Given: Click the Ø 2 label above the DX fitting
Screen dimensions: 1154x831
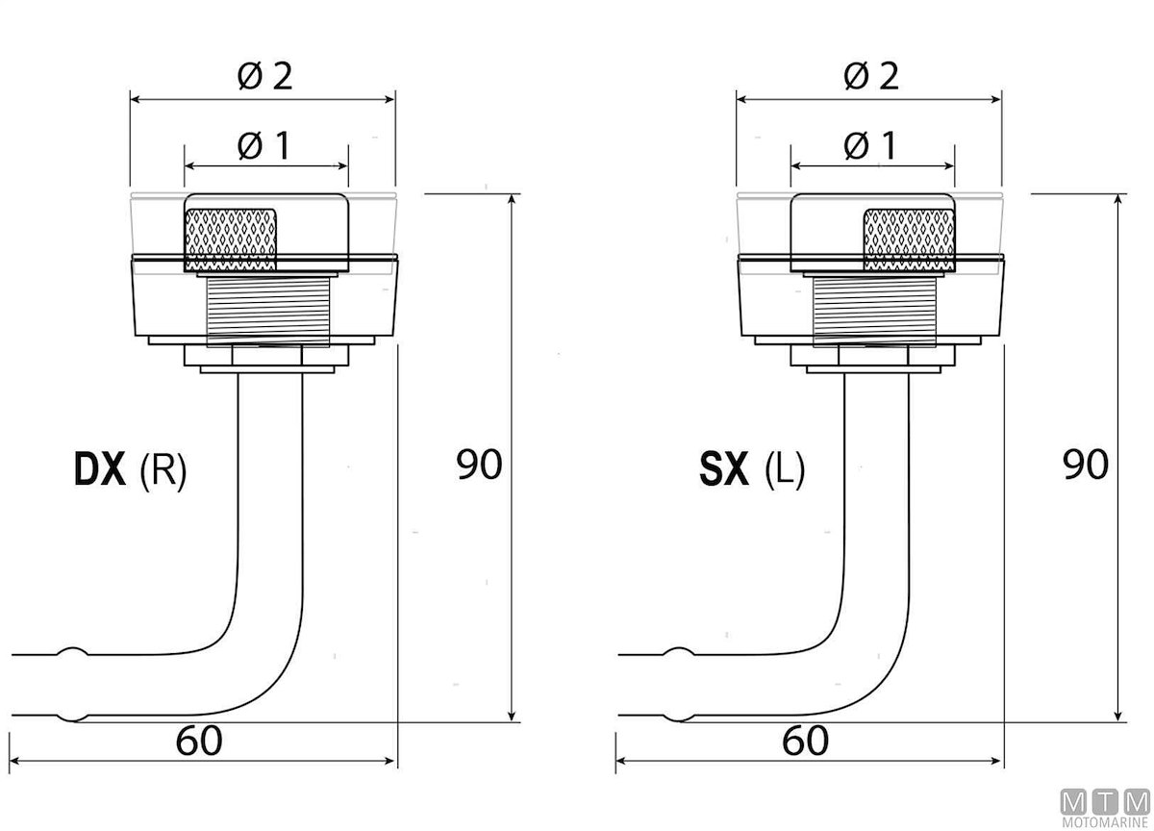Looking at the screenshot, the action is click(x=264, y=76).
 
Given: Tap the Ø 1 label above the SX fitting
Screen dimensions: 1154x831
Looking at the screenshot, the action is click(x=870, y=146).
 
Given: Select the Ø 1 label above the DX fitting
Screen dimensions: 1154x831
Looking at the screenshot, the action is click(x=263, y=146).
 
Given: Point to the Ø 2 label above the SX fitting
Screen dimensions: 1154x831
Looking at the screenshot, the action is click(x=871, y=76).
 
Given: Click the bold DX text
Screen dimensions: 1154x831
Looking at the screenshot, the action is click(x=100, y=468).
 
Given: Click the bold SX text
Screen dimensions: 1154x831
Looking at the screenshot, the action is click(x=724, y=468).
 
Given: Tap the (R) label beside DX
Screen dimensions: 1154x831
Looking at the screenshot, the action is click(x=163, y=470).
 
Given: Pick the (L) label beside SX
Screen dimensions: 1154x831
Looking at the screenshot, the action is click(x=784, y=470).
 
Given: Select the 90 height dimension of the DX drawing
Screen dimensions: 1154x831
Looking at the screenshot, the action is click(x=479, y=465).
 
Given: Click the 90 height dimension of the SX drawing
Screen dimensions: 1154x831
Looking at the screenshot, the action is click(x=1085, y=465).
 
